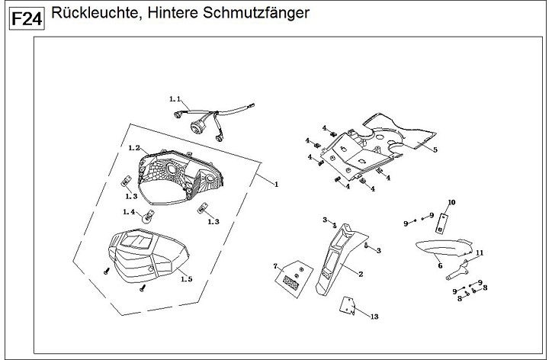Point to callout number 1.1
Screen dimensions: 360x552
point(175,100)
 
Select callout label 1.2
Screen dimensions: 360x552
point(133,147)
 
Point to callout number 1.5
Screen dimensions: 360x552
point(186,279)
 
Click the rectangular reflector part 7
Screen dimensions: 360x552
point(291,278)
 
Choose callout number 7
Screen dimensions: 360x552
point(276,266)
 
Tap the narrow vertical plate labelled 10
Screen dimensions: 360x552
point(442,221)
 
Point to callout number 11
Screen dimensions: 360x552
point(480,252)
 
